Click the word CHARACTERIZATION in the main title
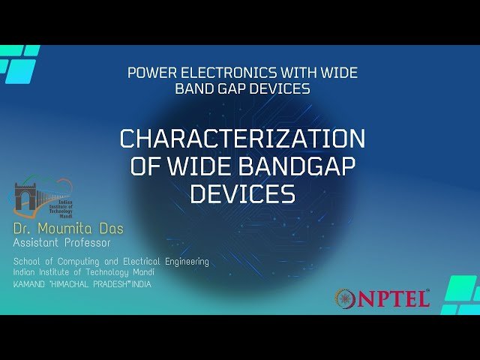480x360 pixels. tap(242, 139)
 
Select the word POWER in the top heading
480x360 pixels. tap(151, 73)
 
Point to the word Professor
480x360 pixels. tap(86, 243)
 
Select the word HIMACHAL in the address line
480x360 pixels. tap(82, 285)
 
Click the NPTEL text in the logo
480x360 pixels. tap(393, 298)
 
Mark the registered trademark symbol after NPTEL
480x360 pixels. tap(428, 290)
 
